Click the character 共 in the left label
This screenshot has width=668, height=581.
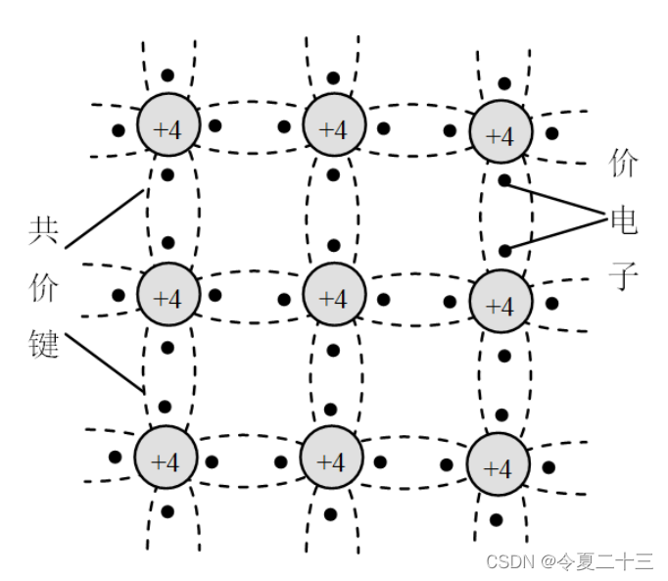43,230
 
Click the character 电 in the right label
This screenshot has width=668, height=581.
623,220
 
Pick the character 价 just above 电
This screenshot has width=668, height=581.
623,163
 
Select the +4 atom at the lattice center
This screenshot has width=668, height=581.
334,296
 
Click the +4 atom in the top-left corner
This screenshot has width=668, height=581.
167,128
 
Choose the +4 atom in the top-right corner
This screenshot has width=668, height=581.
500,135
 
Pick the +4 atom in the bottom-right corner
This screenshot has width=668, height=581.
498,466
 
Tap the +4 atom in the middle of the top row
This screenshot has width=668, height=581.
334,128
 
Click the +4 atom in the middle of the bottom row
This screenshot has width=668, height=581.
332,460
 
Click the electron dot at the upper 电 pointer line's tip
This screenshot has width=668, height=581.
504,180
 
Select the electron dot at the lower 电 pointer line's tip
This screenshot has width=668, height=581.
504,251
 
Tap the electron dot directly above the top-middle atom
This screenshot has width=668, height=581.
334,75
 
